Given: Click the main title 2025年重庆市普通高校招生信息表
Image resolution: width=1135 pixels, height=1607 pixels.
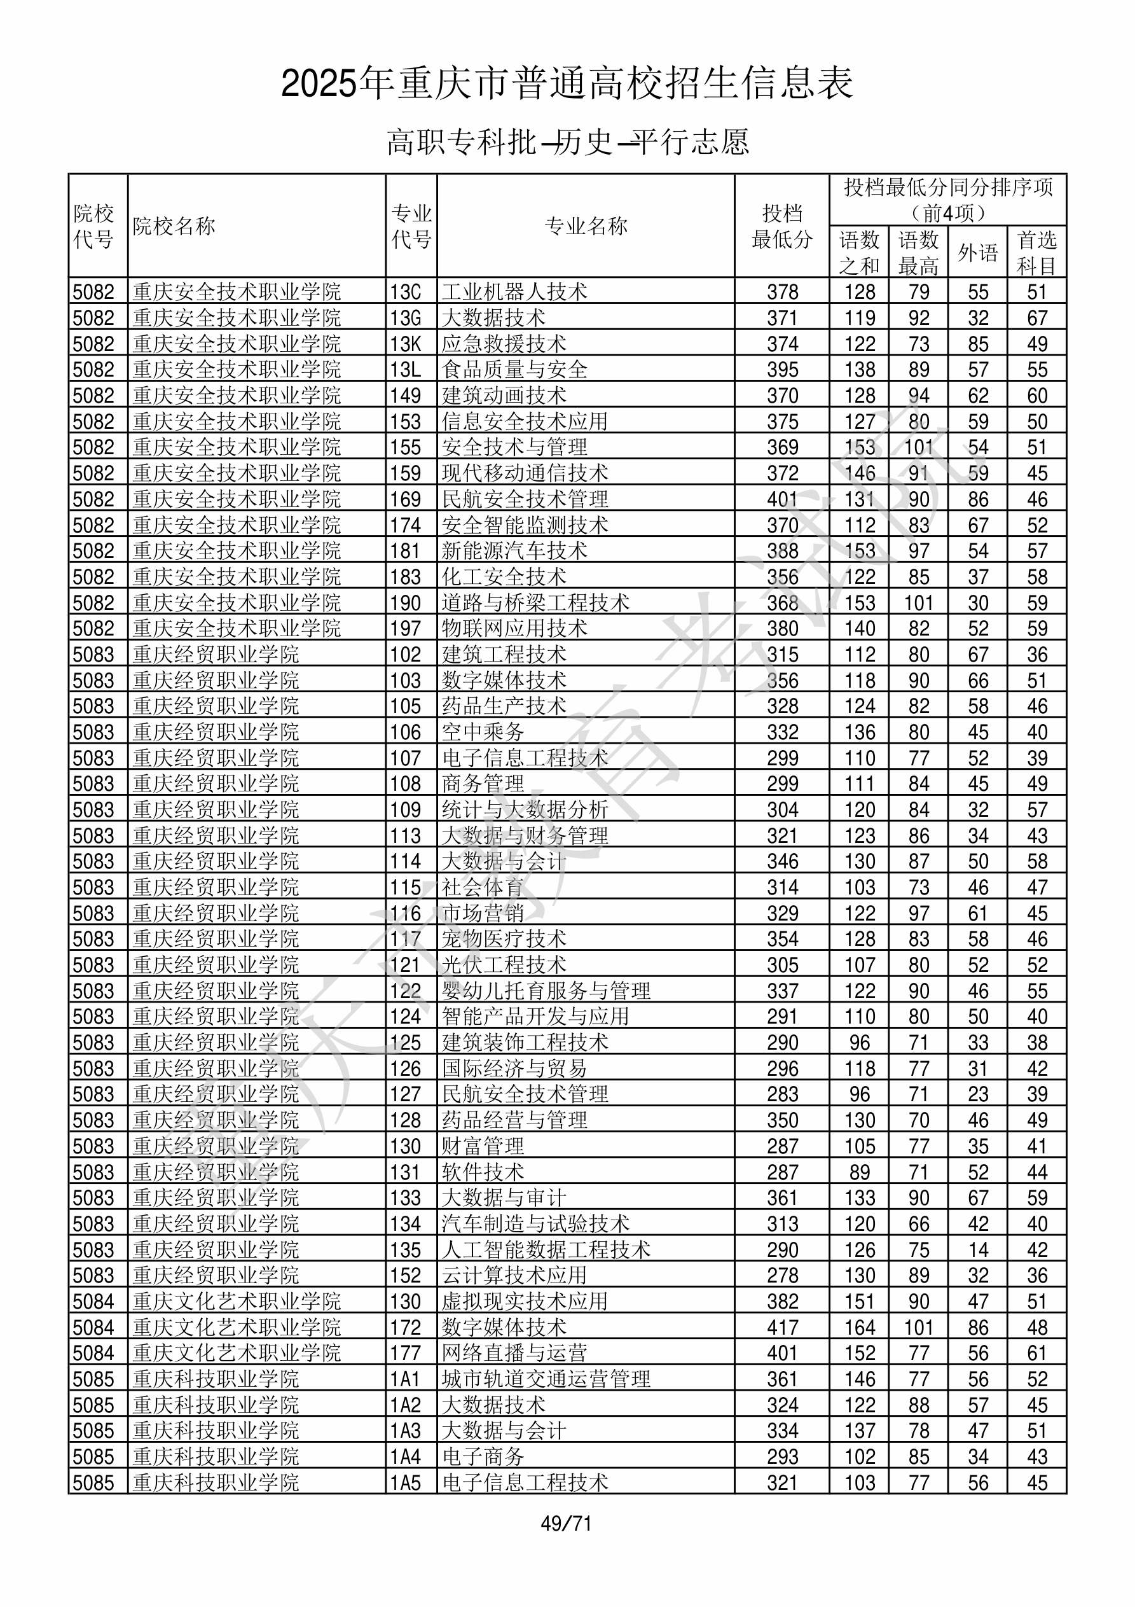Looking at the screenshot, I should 567,84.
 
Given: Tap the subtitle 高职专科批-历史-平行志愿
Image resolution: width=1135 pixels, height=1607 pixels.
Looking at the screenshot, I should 567,142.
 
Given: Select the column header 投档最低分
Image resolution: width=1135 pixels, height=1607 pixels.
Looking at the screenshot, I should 781,226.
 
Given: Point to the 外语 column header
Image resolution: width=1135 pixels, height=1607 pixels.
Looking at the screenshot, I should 977,252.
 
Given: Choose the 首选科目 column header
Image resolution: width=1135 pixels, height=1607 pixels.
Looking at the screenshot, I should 1036,252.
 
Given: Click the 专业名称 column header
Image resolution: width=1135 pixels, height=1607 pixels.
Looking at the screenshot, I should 586,226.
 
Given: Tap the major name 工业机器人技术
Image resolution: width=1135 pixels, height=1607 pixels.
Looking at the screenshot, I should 514,292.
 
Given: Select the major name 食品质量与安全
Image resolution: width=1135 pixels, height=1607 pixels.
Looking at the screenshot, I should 514,370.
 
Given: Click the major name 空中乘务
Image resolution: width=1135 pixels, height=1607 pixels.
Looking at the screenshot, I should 483,732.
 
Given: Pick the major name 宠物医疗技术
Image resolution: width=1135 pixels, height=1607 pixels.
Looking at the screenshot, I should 504,938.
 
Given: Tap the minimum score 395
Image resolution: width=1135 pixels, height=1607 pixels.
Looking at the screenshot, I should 781,370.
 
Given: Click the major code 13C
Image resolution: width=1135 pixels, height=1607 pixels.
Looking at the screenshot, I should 406,292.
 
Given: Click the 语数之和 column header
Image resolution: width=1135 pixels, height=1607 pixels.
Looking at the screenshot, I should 858,252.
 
